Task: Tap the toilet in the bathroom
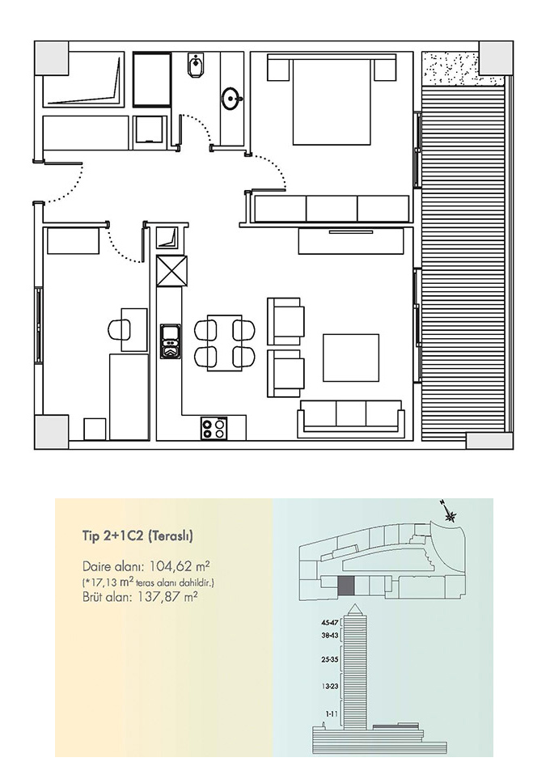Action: (x=193, y=65)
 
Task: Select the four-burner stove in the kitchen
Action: (x=214, y=428)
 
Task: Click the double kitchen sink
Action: (x=171, y=341)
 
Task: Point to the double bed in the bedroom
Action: (x=331, y=99)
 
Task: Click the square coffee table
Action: (x=351, y=358)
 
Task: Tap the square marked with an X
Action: (x=171, y=270)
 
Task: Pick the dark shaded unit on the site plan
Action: (x=346, y=586)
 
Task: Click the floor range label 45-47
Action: (x=330, y=623)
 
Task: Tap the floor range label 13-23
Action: (x=330, y=687)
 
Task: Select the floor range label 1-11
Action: (x=332, y=714)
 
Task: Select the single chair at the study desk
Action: (x=118, y=329)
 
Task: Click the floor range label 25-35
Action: (x=330, y=659)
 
